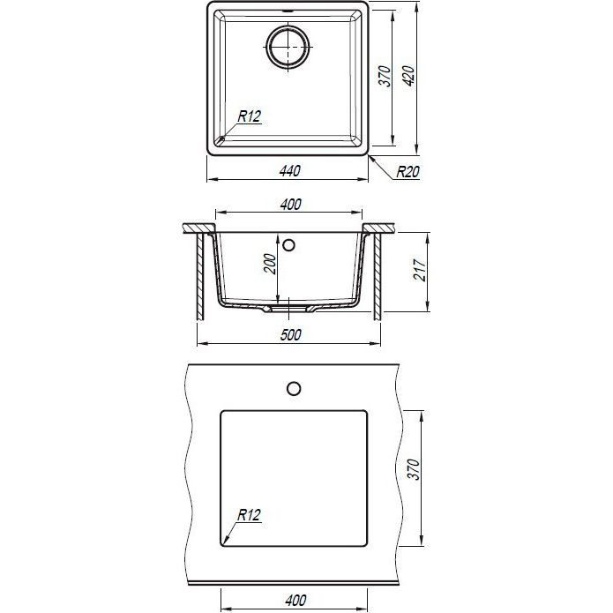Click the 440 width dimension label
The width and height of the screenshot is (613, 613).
tap(290, 171)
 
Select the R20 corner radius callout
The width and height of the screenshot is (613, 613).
tap(407, 172)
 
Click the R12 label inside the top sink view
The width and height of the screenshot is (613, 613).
tap(250, 116)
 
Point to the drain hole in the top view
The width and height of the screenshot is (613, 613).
tap(288, 46)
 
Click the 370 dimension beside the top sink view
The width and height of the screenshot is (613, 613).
tap(385, 76)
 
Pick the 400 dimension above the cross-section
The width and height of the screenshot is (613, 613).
tap(290, 205)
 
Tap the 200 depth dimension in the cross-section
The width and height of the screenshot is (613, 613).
tap(270, 264)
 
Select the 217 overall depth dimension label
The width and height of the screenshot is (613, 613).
tap(420, 270)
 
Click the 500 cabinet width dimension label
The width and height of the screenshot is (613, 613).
tap(290, 335)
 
